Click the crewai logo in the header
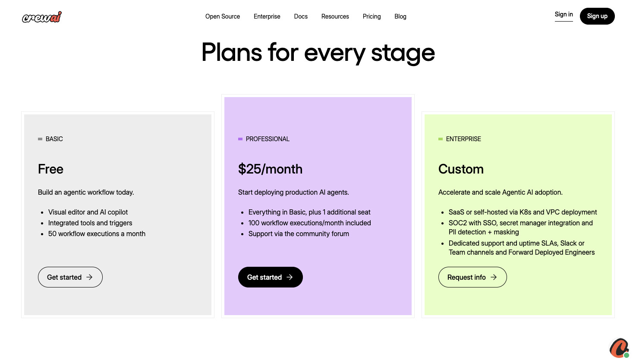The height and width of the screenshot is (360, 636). pos(42,17)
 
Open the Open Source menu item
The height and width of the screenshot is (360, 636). pos(223,16)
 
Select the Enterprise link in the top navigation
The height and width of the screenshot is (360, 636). pos(267,16)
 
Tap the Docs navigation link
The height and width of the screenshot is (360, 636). pos(301,16)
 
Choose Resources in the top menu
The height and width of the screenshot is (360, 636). pos(335,16)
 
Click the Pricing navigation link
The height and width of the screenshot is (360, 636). pos(372,16)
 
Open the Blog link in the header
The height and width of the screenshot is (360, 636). pos(400,16)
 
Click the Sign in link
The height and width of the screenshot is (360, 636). pos(564,15)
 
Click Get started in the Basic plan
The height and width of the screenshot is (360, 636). pos(70,277)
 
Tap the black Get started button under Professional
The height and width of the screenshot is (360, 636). pos(270,277)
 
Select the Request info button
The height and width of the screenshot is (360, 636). pos(472,277)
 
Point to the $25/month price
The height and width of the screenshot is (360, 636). pos(270,169)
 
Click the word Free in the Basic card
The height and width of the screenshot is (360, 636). pos(50,169)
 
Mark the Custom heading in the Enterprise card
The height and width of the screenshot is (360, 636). pos(461,169)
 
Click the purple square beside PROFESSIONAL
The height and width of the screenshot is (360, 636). pos(240,139)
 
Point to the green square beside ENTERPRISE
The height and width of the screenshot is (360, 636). pos(441,139)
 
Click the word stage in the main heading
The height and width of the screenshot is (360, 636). pos(403,53)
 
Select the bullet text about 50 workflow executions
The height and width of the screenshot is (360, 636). pos(97,234)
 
